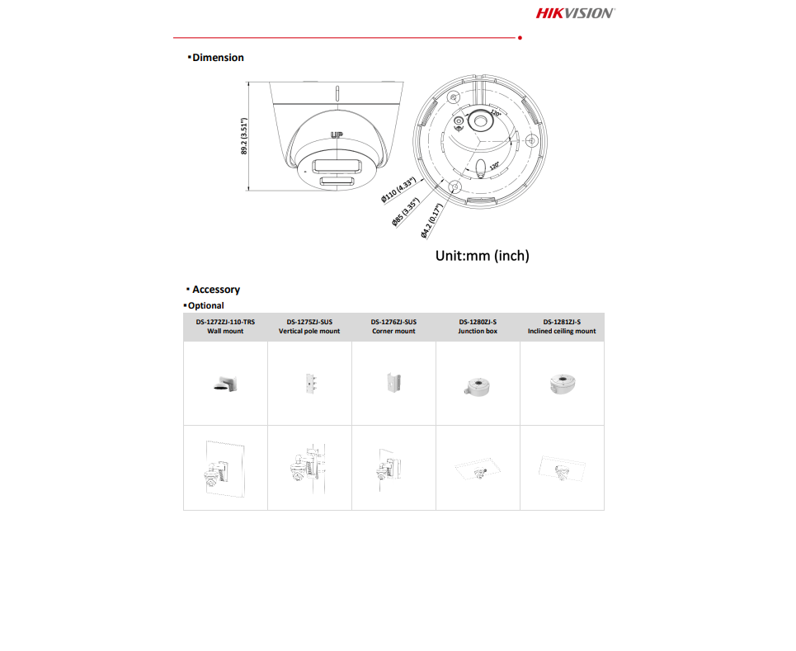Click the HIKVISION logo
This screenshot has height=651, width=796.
pyautogui.click(x=575, y=12)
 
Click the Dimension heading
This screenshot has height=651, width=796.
pyautogui.click(x=217, y=58)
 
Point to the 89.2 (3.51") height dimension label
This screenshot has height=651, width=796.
pyautogui.click(x=245, y=136)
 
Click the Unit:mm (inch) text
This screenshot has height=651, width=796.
pyautogui.click(x=482, y=256)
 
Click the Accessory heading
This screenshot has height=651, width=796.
pyautogui.click(x=215, y=290)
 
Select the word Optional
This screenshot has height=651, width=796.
pyautogui.click(x=205, y=305)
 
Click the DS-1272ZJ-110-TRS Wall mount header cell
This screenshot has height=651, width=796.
pyautogui.click(x=225, y=327)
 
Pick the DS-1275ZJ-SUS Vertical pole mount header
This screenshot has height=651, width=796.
pyautogui.click(x=309, y=327)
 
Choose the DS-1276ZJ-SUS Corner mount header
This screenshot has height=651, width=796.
pyautogui.click(x=393, y=327)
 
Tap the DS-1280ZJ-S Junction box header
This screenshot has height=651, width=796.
pyautogui.click(x=478, y=327)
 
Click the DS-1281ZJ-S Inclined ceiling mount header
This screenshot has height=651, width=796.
pyautogui.click(x=562, y=327)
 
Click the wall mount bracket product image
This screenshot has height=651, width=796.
pyautogui.click(x=226, y=384)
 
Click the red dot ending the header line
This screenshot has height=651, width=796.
pyautogui.click(x=519, y=38)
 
